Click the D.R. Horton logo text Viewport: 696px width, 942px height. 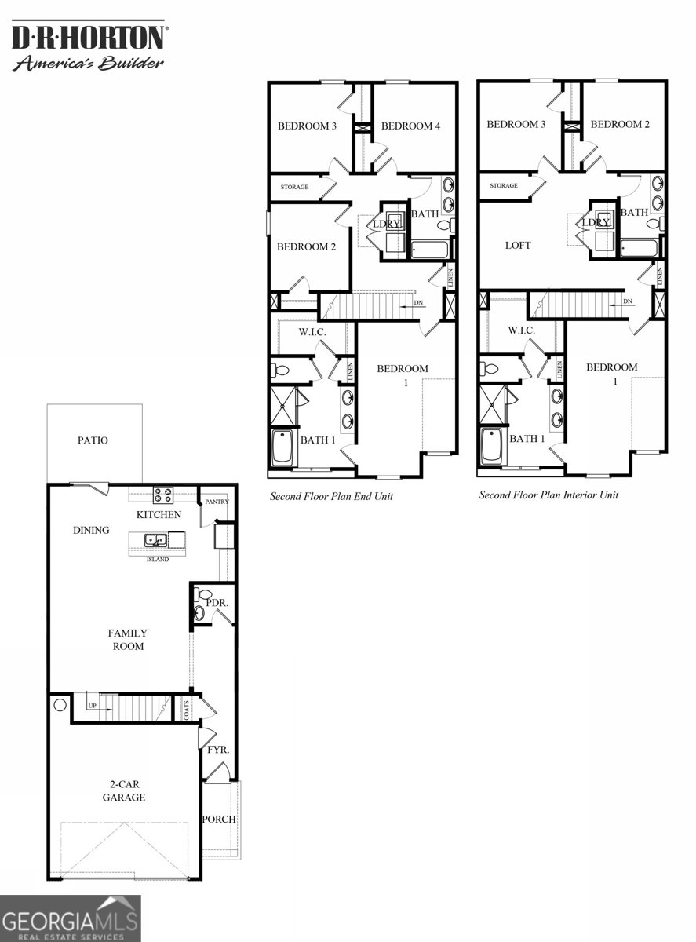pos(88,37)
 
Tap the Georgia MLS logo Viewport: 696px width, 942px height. pos(71,918)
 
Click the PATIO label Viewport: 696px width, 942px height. pos(93,440)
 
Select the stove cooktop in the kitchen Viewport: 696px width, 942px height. pos(163,495)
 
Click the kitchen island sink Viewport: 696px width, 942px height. pos(156,540)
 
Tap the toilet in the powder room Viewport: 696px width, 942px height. pos(202,594)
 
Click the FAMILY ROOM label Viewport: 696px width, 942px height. pos(127,640)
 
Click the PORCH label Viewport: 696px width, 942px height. pos(219,819)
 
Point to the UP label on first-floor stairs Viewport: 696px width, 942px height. pos(93,706)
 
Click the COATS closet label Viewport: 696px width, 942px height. pos(187,710)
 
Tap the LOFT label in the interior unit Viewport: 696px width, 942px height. pos(518,246)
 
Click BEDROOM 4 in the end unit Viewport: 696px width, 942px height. pos(411,126)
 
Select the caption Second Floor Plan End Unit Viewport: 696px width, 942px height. pos(331,496)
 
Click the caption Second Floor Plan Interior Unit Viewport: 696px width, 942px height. pos(548,495)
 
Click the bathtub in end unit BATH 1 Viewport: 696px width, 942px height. pos(282,447)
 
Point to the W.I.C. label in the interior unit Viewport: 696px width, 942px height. pos(521,330)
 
